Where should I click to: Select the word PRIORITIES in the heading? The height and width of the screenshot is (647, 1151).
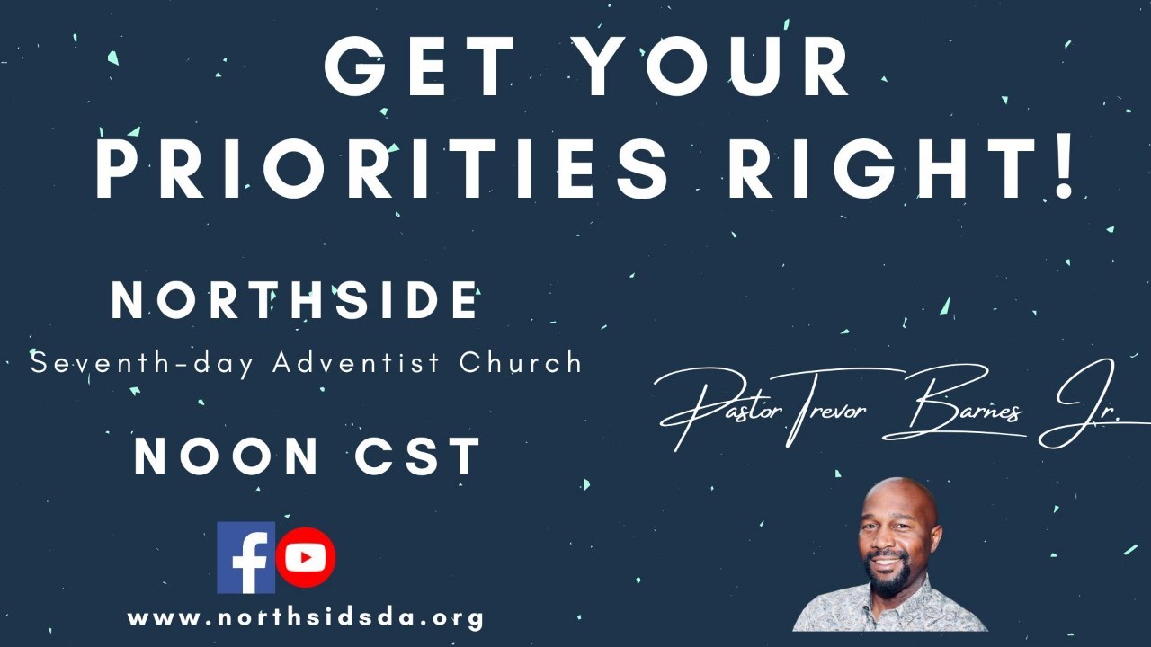click(x=381, y=170)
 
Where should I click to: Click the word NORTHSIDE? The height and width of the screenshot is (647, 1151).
click(x=295, y=301)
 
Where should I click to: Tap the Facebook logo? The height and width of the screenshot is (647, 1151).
click(x=245, y=558)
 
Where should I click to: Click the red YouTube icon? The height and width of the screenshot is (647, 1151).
click(x=306, y=558)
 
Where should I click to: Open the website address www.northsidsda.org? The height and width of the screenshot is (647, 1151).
click(x=306, y=618)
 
